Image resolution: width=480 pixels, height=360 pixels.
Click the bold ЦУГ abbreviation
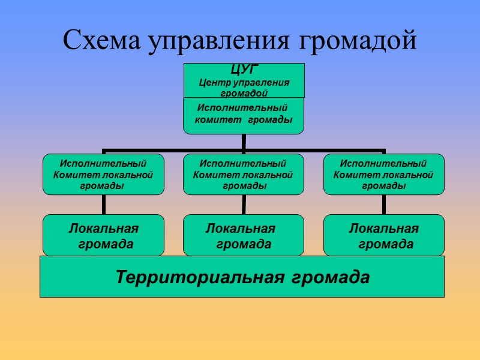coord(244,70)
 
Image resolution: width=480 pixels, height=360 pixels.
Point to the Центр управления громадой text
coord(244,88)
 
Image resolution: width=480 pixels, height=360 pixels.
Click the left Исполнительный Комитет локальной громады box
coord(103,175)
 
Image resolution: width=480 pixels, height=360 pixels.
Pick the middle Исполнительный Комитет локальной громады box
coord(243,175)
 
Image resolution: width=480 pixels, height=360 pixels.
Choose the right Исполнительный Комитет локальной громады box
coord(384,175)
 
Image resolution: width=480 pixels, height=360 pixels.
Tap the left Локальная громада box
coord(103,236)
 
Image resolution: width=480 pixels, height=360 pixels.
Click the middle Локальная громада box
coord(243,236)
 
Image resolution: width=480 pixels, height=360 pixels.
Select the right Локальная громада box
coord(384,236)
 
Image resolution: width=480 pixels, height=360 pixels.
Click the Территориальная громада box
coord(242,277)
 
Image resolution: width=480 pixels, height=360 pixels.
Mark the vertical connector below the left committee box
coord(103,205)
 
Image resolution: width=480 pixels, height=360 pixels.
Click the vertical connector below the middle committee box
coord(243,205)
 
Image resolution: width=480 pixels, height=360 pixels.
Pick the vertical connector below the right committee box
coord(384,205)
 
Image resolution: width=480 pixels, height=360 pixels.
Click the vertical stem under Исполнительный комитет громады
coord(244,142)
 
